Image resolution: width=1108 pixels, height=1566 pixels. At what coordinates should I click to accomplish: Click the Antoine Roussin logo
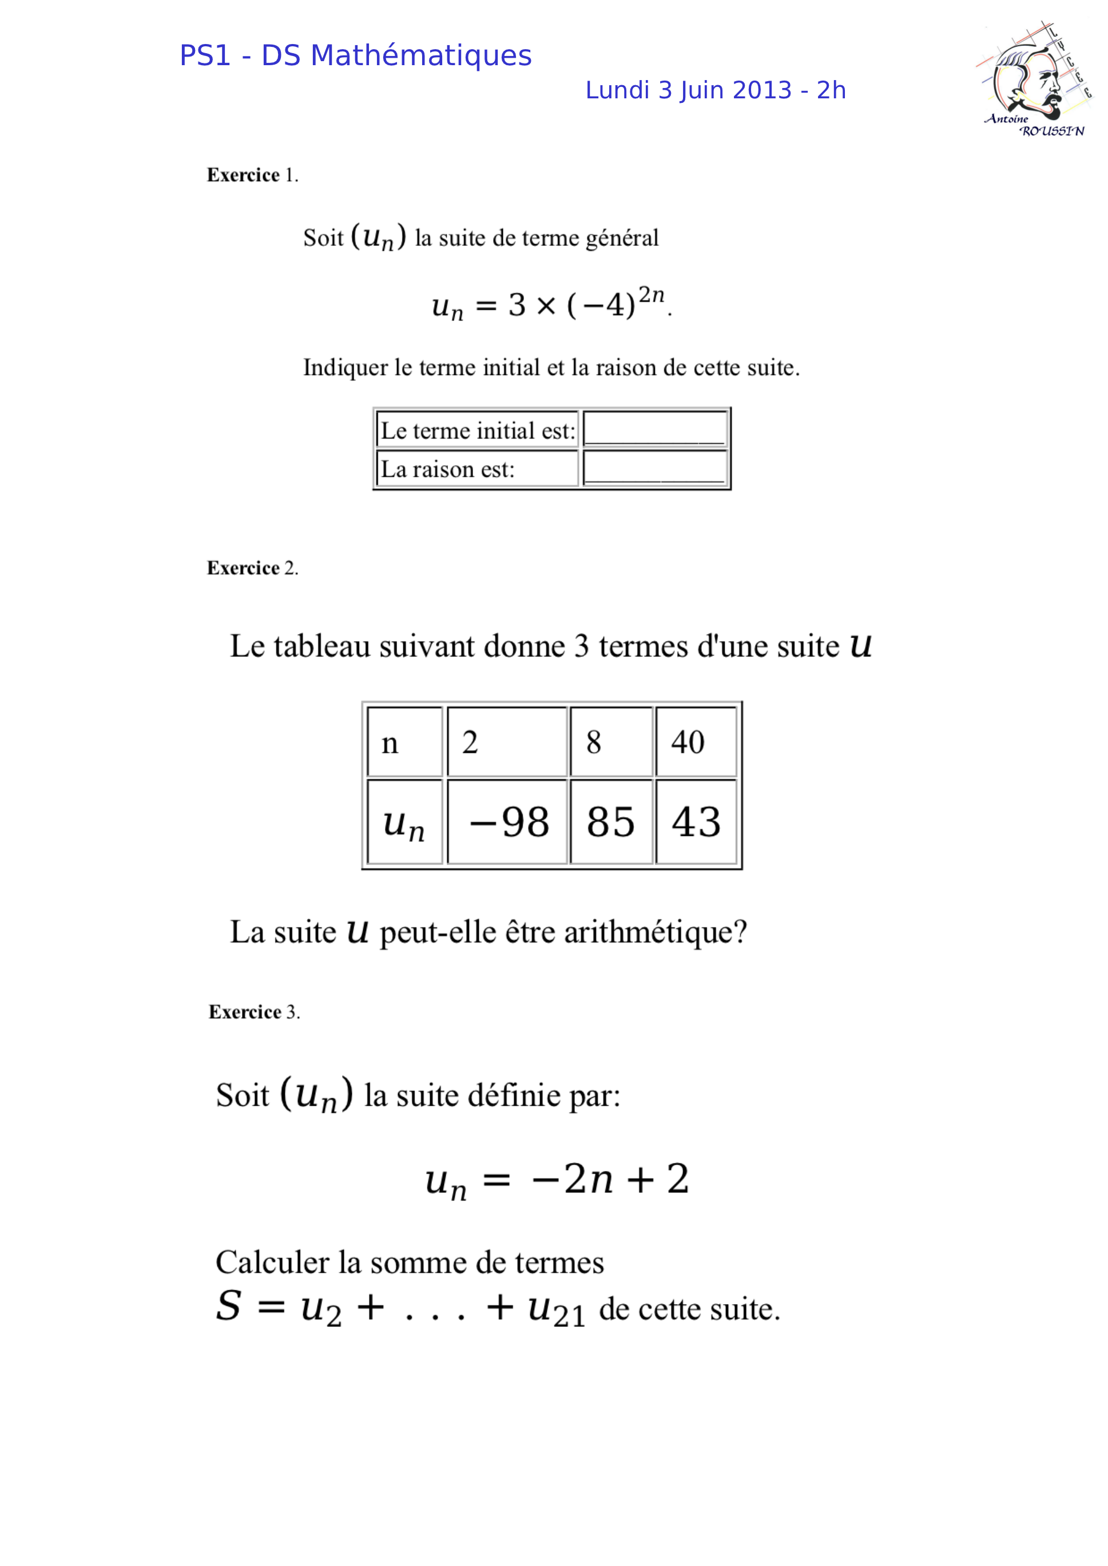1034,80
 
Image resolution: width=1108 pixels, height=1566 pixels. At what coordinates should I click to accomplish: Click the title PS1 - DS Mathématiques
355,55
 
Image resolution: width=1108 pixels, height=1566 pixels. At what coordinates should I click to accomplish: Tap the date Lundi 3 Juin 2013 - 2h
715,90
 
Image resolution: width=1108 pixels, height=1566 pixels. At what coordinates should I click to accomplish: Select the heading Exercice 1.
252,176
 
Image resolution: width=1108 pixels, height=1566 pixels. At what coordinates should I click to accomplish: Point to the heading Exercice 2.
252,568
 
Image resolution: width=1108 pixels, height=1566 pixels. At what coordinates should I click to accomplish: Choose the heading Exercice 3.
254,1012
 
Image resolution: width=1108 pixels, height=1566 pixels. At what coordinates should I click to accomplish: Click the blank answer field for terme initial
654,429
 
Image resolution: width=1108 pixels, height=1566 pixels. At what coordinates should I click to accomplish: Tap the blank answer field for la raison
654,468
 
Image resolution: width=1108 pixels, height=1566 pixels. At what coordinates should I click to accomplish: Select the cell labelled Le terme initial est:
478,431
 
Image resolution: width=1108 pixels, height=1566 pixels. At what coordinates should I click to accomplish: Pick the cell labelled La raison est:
478,469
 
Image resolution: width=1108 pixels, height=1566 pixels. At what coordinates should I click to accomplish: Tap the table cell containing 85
611,822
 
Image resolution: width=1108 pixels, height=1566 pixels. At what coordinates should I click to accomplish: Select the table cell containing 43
696,822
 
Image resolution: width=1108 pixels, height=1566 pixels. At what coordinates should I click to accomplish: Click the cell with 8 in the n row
611,742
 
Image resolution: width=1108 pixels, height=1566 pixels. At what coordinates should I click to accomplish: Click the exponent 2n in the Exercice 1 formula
651,294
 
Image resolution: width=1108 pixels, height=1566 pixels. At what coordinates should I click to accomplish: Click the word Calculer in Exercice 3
273,1262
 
